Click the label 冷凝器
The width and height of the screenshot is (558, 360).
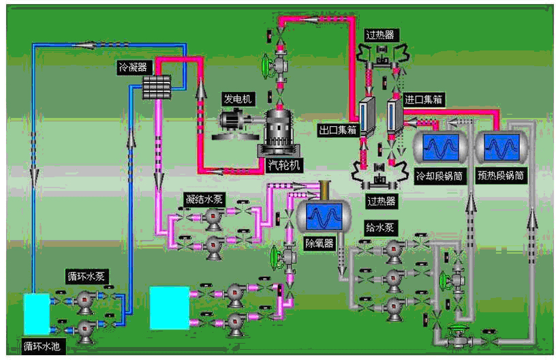[x=131, y=67]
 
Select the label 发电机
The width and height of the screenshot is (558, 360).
[x=238, y=99]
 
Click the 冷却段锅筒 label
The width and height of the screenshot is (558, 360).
[x=439, y=175]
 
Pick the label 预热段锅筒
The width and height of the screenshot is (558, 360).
[x=501, y=175]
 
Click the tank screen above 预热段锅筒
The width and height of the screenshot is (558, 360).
[x=501, y=147]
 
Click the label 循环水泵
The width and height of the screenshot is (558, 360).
[x=85, y=276]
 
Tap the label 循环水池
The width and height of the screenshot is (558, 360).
[x=42, y=346]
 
